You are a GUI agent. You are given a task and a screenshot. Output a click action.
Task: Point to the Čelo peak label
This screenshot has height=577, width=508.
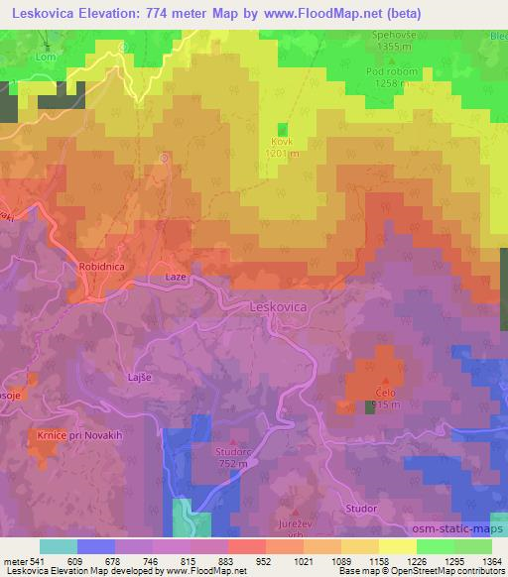tap(385, 392)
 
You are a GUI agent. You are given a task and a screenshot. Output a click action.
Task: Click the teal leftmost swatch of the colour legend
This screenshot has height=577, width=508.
tap(59, 546)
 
